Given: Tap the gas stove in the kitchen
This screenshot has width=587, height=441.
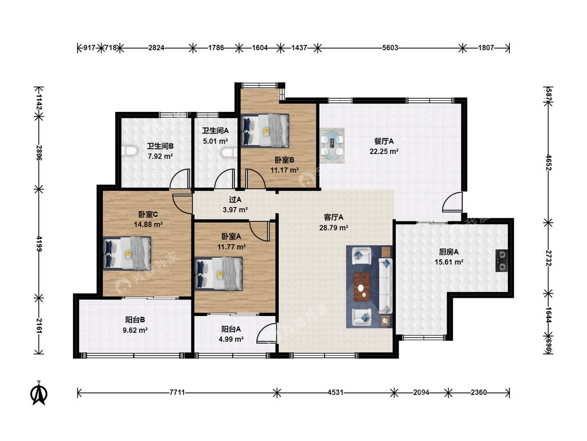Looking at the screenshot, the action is (x=501, y=261).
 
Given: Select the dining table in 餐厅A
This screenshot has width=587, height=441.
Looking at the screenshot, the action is (x=332, y=145).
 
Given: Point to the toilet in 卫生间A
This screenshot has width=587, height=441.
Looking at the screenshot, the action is (x=229, y=152).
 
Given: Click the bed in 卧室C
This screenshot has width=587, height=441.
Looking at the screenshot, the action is (x=127, y=253).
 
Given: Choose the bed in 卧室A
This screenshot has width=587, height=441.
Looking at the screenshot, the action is (x=219, y=274).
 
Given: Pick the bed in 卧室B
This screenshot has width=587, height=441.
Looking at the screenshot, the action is (x=266, y=130).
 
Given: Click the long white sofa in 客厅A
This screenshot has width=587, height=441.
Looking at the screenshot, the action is (x=385, y=286).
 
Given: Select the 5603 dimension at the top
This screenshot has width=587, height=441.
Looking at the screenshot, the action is (x=390, y=48).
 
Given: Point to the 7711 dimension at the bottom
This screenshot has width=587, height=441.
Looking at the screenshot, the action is (x=177, y=392).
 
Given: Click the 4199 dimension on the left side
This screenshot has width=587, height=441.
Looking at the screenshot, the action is (x=39, y=243).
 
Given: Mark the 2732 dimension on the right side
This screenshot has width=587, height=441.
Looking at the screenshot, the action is (x=548, y=258).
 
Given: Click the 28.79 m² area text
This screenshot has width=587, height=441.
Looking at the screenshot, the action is (x=334, y=228).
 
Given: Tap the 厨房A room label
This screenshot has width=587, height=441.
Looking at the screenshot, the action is (x=449, y=252).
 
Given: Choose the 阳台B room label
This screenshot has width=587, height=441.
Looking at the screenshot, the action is (x=135, y=320).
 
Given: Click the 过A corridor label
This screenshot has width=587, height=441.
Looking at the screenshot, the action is (x=235, y=200).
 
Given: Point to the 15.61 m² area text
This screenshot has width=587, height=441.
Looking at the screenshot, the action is (x=449, y=262).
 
